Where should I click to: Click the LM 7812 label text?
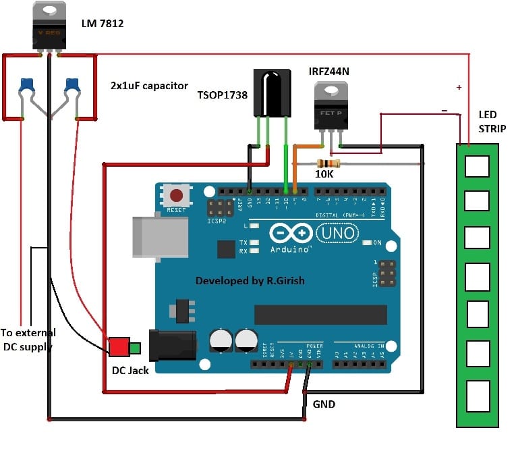[x=103, y=24]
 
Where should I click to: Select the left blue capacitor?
[x=28, y=86]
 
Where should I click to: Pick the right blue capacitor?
[x=72, y=86]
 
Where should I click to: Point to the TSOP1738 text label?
[x=223, y=95]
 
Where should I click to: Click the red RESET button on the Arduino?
[x=177, y=196]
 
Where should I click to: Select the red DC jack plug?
[x=119, y=347]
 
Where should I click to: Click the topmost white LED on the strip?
[x=478, y=165]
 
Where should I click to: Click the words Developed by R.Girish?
[x=254, y=280]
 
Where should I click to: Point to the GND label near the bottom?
[x=324, y=404]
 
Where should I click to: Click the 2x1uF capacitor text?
[x=150, y=86]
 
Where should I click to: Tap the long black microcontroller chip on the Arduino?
[x=320, y=315]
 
